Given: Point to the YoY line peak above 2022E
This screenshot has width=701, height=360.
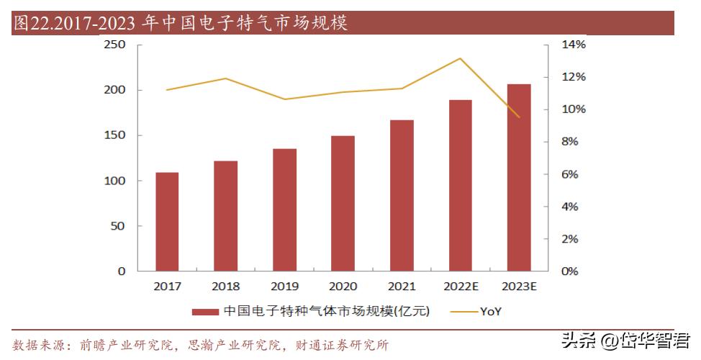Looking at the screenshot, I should click(x=460, y=58).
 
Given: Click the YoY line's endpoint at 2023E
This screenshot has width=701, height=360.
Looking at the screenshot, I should click(x=519, y=117).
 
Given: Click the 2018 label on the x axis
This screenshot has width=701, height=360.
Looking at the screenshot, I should click(x=226, y=286).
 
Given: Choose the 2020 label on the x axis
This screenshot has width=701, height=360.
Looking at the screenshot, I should click(x=343, y=286).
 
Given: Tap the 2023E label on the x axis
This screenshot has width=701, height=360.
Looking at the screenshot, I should click(x=519, y=286).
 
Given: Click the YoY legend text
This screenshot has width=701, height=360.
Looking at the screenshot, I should click(x=491, y=311).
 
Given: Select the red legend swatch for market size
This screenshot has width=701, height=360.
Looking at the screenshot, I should click(x=205, y=312).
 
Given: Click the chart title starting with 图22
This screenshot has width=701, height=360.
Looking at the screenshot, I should click(x=180, y=24).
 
